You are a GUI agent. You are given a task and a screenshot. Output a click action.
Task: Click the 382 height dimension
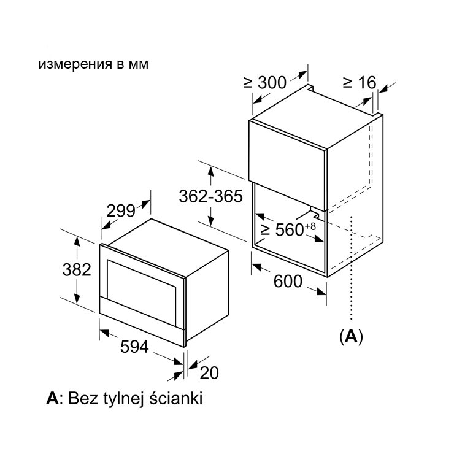point(77,269)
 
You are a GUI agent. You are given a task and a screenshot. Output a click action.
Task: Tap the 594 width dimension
point(134,347)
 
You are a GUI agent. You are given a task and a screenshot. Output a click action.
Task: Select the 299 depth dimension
point(121,210)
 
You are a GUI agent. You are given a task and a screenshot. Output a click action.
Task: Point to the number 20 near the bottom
point(209,372)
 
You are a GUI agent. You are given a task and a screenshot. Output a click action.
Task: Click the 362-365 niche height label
point(211,196)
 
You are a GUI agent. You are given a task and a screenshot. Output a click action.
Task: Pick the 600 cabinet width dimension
point(288,281)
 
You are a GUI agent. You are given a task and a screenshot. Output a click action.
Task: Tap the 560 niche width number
point(289,229)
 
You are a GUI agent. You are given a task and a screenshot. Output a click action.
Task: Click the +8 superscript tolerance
point(310,226)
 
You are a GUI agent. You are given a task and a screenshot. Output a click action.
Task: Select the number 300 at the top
point(272,83)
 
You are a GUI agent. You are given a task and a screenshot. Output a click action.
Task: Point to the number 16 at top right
point(367,83)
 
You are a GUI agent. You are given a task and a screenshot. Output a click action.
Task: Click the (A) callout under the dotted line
point(351,336)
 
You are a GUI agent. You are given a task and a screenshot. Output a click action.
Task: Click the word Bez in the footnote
point(82,398)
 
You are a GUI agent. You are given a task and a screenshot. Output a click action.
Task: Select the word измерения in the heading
point(75,64)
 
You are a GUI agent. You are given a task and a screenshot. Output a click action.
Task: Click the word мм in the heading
point(139,65)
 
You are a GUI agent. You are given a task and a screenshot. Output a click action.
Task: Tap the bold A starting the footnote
point(52,398)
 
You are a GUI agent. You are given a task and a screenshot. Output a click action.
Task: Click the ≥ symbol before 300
point(248,83)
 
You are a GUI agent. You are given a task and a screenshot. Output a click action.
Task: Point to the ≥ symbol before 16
point(347,83)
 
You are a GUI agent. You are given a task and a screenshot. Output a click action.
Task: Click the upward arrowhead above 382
point(77,241)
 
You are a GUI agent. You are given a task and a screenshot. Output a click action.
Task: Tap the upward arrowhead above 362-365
point(211,171)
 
